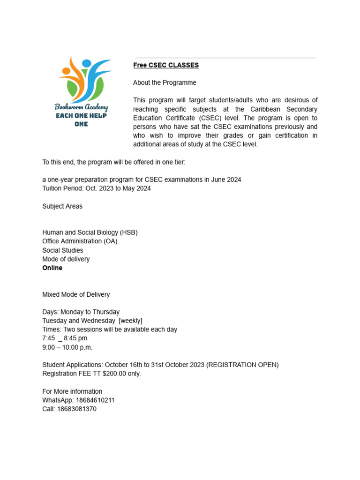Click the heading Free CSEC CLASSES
166,65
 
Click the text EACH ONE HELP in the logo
81,116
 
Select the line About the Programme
165,82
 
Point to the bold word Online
52,268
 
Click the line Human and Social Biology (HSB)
90,232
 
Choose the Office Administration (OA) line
80,241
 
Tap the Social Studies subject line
63,250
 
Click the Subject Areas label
62,206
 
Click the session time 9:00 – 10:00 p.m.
67,347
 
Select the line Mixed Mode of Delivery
76,294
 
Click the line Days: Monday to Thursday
81,312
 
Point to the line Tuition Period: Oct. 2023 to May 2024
97,188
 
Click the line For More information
72,391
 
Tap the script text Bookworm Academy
81,107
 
